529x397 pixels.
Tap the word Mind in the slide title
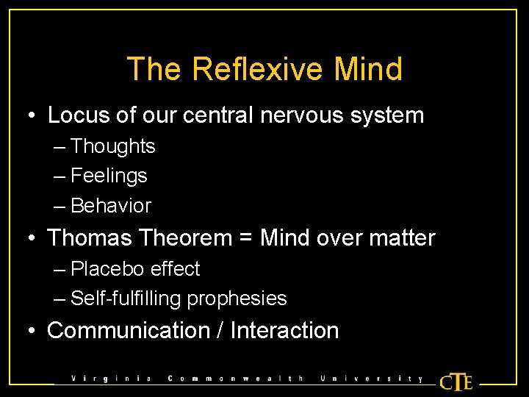(x=368, y=69)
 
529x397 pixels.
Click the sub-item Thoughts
(x=113, y=146)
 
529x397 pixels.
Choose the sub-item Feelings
(x=109, y=176)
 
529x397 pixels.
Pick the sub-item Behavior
(x=111, y=206)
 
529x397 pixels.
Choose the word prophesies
(x=237, y=299)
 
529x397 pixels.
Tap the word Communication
(x=128, y=331)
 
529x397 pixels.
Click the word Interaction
(x=284, y=331)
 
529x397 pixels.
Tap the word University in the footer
(x=372, y=379)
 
